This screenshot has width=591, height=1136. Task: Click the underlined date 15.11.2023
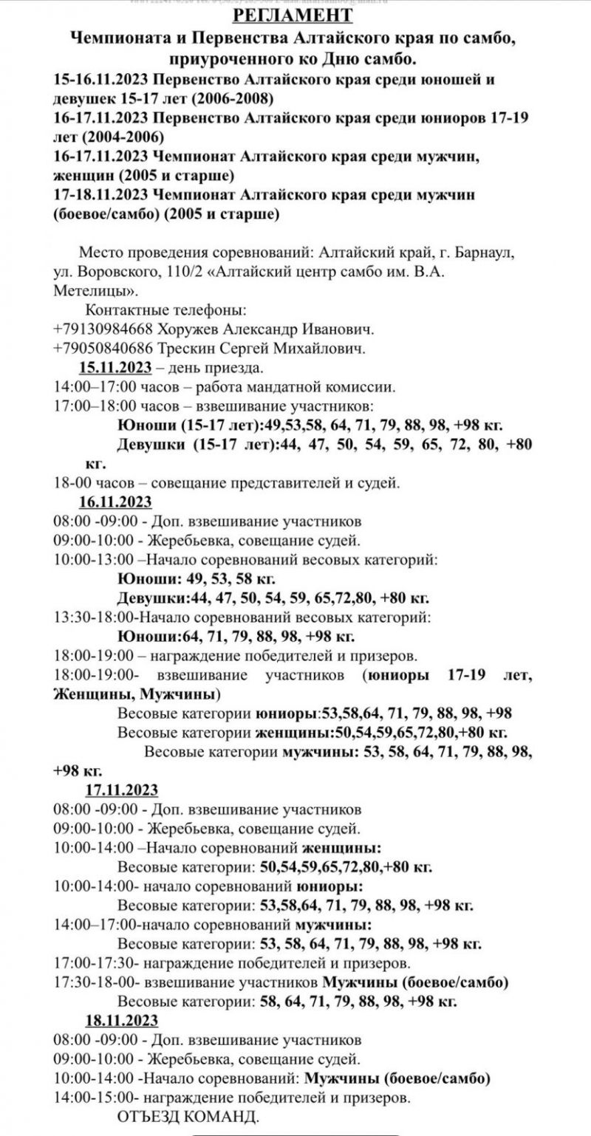(115, 367)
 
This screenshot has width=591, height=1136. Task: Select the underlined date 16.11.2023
(115, 502)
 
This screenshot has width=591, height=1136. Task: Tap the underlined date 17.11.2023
(121, 790)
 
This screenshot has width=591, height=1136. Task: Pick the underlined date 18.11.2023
(121, 1021)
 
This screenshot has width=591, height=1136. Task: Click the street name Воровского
(111, 271)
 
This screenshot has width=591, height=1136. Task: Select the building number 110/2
(182, 271)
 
